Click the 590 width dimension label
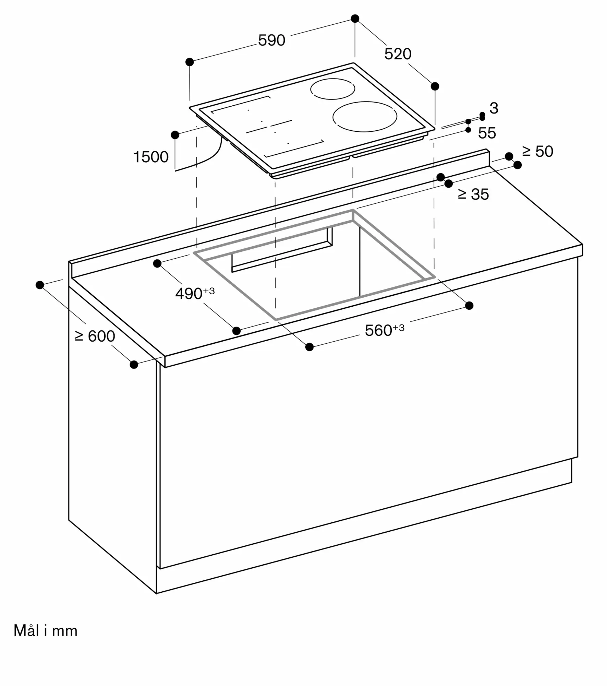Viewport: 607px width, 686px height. (x=271, y=40)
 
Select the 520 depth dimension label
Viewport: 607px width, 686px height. (x=398, y=54)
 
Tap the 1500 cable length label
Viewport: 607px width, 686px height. (x=151, y=157)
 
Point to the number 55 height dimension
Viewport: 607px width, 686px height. (x=487, y=133)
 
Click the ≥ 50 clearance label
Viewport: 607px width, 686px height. (x=537, y=152)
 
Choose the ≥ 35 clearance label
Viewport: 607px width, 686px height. (x=473, y=194)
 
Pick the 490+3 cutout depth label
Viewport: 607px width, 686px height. (x=195, y=293)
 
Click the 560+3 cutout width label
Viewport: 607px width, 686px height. (x=385, y=330)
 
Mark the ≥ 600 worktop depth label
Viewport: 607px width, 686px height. (x=95, y=336)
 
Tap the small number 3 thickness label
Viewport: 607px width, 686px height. (x=494, y=108)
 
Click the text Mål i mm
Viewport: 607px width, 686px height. (x=46, y=631)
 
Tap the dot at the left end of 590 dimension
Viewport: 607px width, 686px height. (x=190, y=62)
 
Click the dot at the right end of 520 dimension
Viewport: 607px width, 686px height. (x=435, y=86)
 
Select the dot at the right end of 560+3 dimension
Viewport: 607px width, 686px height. (x=469, y=306)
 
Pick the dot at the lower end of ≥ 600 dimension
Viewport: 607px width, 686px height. (x=134, y=365)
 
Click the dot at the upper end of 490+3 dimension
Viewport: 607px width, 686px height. (x=157, y=264)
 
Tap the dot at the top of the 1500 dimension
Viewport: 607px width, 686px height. (x=175, y=135)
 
